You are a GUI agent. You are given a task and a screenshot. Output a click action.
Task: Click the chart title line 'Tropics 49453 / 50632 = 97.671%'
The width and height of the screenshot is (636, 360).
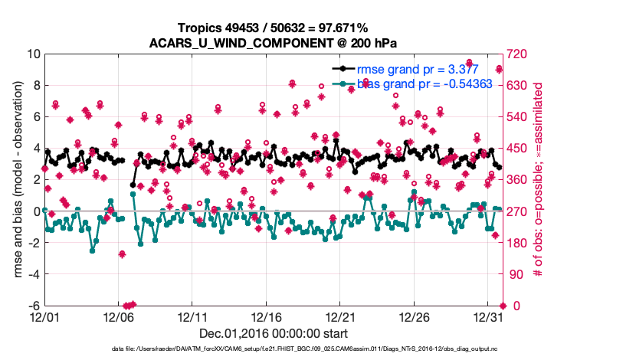[x=273, y=28]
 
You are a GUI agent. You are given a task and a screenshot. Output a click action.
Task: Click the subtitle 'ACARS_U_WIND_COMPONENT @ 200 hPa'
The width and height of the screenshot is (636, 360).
[x=273, y=42]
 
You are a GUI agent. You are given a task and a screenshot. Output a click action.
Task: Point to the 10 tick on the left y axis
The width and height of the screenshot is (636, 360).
[x=33, y=54]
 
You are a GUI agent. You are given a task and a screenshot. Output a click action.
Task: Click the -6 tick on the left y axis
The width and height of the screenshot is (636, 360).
[x=33, y=306]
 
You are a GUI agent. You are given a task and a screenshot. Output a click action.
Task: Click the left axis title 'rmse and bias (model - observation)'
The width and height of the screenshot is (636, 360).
[x=16, y=180]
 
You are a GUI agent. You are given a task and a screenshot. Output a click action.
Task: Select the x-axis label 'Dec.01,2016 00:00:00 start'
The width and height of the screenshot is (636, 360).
[x=273, y=333]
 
